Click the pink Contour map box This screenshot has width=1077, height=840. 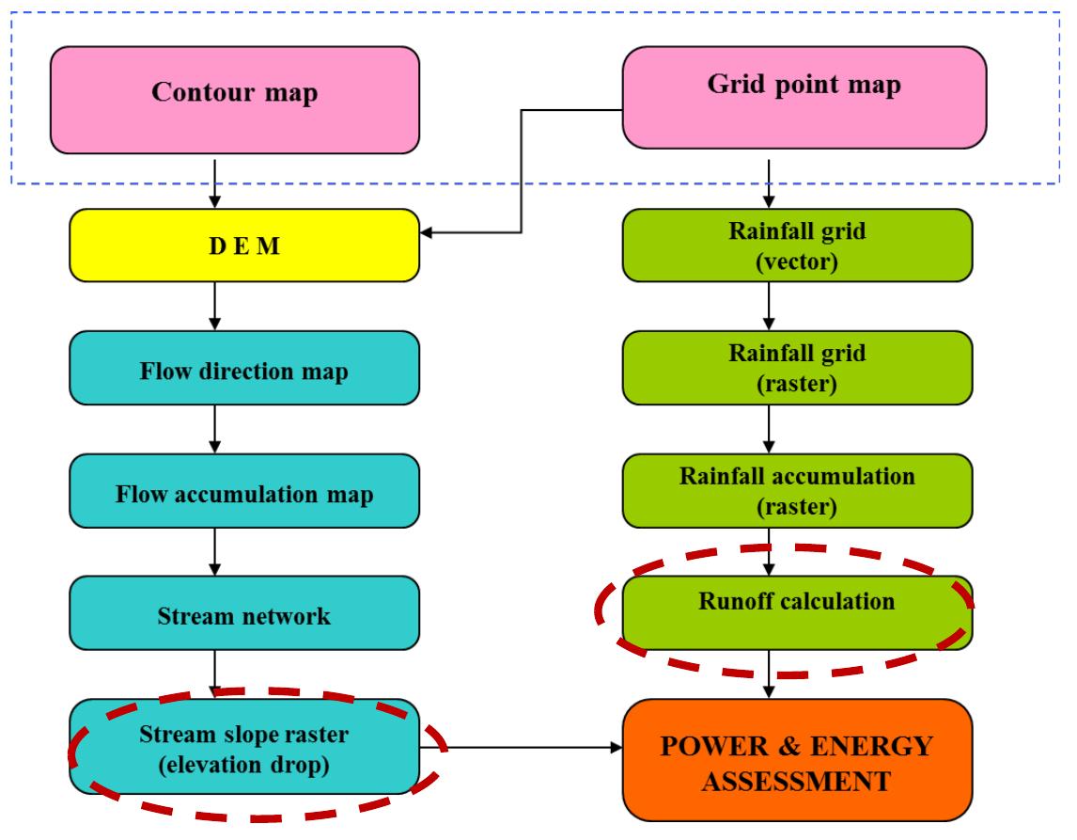[235, 99]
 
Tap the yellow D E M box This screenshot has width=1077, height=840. [243, 245]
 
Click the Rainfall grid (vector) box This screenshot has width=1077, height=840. [796, 246]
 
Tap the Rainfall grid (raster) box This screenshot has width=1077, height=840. [796, 368]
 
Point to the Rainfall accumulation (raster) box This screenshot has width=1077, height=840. [796, 490]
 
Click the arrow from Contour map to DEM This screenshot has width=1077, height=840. [215, 182]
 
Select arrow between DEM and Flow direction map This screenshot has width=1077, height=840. [215, 306]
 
